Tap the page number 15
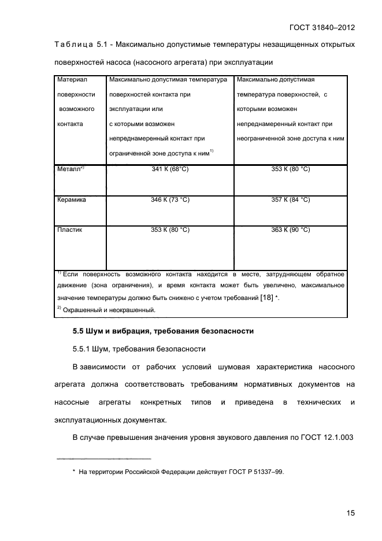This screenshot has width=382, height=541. click(350, 512)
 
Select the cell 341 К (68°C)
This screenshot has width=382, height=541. click(170, 169)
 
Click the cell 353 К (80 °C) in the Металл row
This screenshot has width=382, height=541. click(291, 169)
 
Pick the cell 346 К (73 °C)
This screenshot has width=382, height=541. click(170, 199)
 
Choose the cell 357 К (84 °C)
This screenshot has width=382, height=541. click(291, 199)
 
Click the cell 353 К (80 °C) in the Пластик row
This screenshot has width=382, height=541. click(170, 229)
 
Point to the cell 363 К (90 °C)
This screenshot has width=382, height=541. click(291, 229)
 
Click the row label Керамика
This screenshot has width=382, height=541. click(72, 199)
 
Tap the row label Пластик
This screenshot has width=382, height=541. click(69, 229)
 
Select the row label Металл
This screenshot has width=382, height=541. click(69, 169)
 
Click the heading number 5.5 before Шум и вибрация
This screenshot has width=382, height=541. click(78, 332)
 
